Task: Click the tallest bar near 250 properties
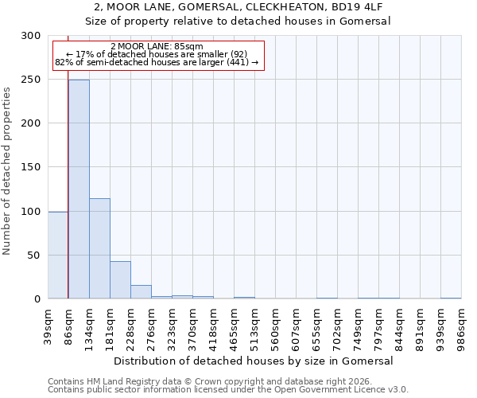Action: click(x=79, y=189)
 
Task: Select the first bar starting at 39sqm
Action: click(x=58, y=256)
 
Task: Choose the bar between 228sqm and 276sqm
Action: click(x=141, y=292)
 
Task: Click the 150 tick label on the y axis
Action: click(x=32, y=167)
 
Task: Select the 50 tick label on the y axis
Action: click(x=35, y=256)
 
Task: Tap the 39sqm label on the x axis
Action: click(x=48, y=326)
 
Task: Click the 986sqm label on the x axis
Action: click(x=462, y=326)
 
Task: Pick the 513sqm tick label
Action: click(x=255, y=326)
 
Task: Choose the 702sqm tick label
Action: click(x=338, y=326)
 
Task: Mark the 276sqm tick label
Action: click(x=152, y=326)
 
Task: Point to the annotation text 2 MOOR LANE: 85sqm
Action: click(x=157, y=46)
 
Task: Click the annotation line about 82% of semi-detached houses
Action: click(x=157, y=62)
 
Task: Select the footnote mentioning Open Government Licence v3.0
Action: click(x=228, y=390)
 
